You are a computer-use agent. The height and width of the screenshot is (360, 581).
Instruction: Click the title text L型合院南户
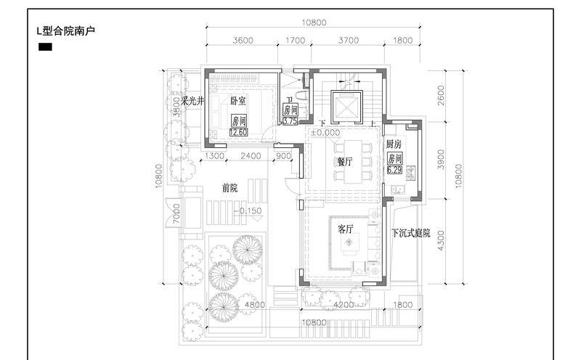66,31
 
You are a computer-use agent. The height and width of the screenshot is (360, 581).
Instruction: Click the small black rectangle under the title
44,48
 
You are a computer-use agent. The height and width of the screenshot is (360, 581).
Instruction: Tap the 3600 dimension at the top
243,41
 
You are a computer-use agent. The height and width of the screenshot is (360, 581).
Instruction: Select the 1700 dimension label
296,41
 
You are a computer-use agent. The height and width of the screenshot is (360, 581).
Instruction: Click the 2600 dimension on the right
442,95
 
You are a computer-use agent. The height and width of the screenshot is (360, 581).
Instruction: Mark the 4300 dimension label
442,240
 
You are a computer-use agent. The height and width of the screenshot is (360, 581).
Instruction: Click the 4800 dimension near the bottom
254,306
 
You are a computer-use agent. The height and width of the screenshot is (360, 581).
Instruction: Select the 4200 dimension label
344,306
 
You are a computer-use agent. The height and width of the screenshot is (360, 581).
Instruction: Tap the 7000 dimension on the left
176,214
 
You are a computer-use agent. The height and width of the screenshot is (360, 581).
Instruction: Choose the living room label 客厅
346,229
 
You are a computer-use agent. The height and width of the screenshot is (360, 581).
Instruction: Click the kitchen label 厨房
394,144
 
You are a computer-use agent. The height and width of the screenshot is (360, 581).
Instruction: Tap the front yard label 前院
230,188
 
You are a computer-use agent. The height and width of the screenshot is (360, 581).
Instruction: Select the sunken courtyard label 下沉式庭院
411,234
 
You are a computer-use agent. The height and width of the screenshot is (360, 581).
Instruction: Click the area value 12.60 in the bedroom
239,132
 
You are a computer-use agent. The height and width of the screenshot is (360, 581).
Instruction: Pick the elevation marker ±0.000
325,134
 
